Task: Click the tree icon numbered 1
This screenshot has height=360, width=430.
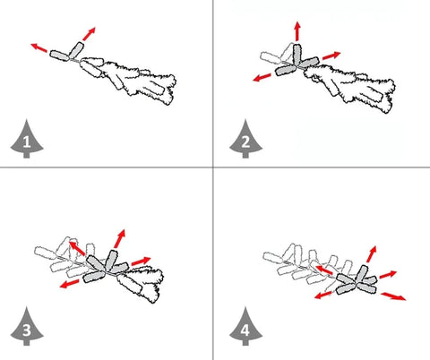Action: coord(27,139)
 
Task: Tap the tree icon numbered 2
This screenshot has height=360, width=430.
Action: coord(245,139)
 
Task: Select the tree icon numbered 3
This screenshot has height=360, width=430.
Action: coord(27,326)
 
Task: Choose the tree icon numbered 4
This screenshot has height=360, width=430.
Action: coord(245,326)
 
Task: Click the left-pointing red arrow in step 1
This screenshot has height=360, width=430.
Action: coord(39,47)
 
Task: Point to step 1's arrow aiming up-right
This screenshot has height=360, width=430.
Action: coord(89,34)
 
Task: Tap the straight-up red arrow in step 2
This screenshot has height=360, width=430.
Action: coord(297,31)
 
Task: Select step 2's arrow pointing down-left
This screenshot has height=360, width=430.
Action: coord(262,78)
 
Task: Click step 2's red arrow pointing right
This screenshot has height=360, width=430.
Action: coord(331,56)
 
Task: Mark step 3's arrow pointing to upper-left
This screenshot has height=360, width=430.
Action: coord(77,249)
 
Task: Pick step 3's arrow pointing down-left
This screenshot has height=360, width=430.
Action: coord(69,284)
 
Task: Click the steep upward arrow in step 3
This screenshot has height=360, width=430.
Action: coord(119,239)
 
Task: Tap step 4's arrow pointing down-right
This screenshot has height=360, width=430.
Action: coord(393,296)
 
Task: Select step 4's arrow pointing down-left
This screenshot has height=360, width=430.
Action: coord(323,296)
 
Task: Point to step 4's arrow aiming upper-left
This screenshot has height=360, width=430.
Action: coord(324,270)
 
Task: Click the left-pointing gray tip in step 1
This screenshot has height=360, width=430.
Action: coord(60,56)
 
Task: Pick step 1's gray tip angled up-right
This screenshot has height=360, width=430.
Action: coord(76,50)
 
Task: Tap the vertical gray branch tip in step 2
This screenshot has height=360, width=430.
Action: coord(297,55)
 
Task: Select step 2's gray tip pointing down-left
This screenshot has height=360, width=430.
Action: coord(286,71)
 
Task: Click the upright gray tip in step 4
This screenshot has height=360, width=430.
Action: coord(362,273)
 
